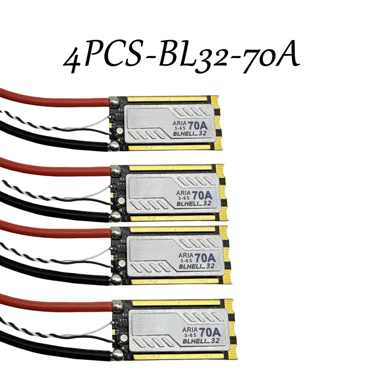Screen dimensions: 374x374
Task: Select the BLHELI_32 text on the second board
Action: (195, 203)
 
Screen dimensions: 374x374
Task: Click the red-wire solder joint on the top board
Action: (114, 100)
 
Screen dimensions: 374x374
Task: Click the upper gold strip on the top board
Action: (168, 99)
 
